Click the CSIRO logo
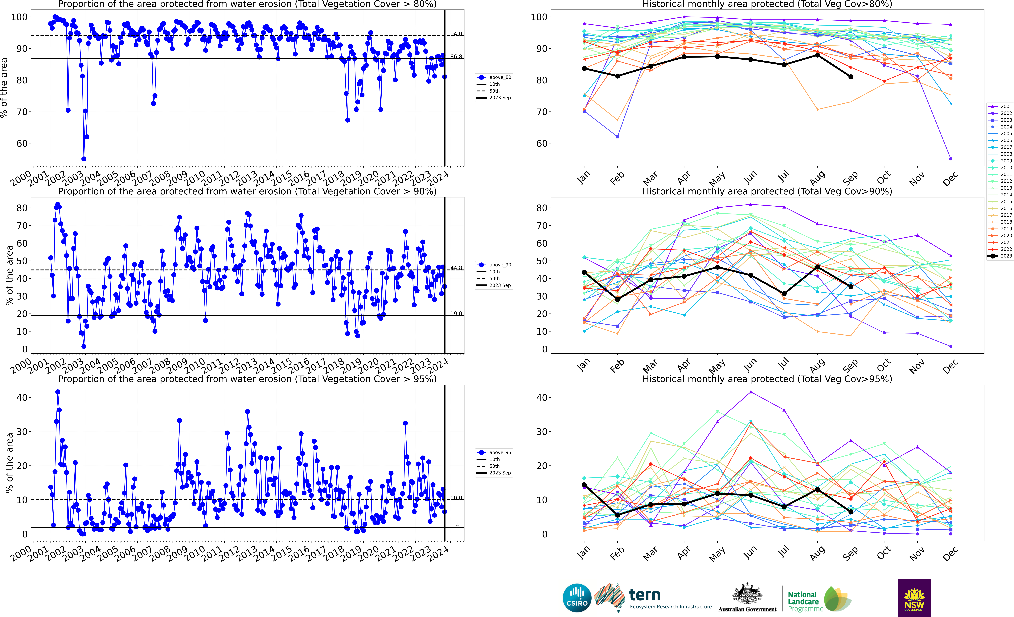click(x=577, y=598)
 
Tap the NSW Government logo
click(x=914, y=598)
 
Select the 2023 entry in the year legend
click(x=1006, y=256)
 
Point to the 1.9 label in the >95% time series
click(x=454, y=526)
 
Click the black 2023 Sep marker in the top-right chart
click(x=851, y=77)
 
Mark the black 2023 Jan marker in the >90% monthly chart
click(x=584, y=272)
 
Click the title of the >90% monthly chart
click(x=767, y=191)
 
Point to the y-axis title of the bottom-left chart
click(x=9, y=463)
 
